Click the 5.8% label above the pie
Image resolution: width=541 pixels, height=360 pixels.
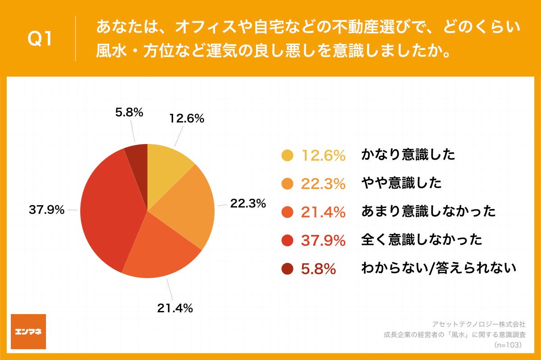[129, 113]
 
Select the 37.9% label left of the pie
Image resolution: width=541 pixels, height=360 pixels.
[47, 210]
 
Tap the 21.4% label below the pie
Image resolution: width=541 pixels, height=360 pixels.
[175, 308]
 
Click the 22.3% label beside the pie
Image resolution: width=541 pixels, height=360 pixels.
[248, 203]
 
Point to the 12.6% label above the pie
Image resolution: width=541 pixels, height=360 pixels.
[187, 119]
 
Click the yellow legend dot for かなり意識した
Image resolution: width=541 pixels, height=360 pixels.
[287, 156]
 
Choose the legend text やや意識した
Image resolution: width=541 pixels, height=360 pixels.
[401, 183]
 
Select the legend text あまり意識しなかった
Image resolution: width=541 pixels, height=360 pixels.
[428, 211]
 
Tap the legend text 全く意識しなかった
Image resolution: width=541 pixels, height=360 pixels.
[422, 240]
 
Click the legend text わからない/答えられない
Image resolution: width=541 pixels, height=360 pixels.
[438, 269]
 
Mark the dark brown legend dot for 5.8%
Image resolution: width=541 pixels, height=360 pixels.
[287, 269]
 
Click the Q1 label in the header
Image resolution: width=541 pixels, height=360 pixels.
[40, 40]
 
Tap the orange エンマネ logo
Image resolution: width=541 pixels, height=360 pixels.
[28, 332]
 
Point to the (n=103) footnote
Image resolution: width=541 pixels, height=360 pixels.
[508, 345]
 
